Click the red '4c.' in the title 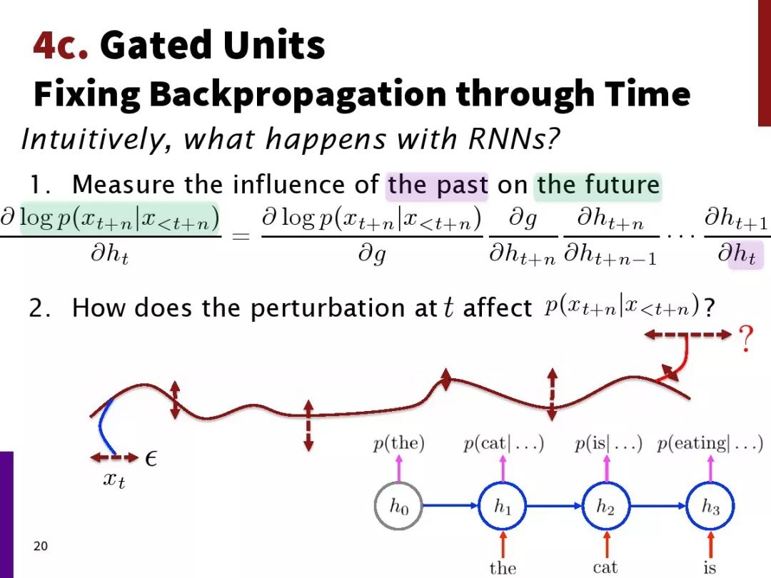[x=61, y=45]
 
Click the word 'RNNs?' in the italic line [x=514, y=138]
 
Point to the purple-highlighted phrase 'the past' [x=438, y=186]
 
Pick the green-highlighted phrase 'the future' [x=598, y=186]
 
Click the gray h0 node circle [x=398, y=506]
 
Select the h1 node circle [x=503, y=506]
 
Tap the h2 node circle [x=606, y=506]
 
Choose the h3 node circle [x=710, y=506]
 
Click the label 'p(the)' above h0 [x=399, y=443]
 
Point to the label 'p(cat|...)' [x=503, y=443]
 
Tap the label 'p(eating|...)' [x=710, y=443]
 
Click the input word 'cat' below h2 [x=605, y=567]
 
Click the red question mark [x=746, y=338]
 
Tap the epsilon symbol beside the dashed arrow [x=151, y=459]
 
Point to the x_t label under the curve [x=114, y=480]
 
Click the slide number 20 [x=41, y=546]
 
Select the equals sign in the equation [x=241, y=236]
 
